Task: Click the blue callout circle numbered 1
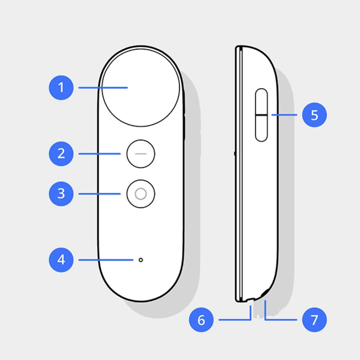click(x=61, y=87)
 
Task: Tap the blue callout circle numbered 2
click(x=61, y=154)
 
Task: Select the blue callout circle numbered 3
click(x=61, y=194)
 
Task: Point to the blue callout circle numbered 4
click(x=61, y=260)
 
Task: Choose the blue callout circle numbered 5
click(x=314, y=115)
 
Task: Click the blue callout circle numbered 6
click(x=201, y=319)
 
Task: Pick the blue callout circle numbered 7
click(x=314, y=319)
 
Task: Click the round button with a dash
click(x=141, y=154)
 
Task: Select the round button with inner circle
click(x=141, y=194)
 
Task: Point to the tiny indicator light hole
click(x=141, y=260)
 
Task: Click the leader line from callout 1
click(x=103, y=87)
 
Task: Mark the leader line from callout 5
click(x=284, y=115)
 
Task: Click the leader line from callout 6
click(x=234, y=319)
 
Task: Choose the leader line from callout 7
click(x=281, y=319)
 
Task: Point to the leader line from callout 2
click(x=99, y=154)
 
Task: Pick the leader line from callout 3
click(x=99, y=194)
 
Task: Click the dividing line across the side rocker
click(x=262, y=115)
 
